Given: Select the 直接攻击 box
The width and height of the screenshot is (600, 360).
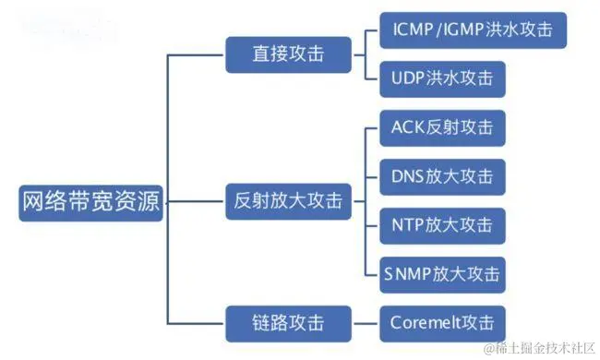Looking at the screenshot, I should click(x=289, y=54).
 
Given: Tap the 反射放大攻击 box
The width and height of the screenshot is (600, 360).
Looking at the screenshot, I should click(x=289, y=199).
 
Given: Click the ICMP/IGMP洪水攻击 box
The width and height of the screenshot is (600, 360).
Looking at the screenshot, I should click(x=472, y=31).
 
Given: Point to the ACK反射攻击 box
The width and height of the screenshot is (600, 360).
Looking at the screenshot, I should click(x=442, y=126).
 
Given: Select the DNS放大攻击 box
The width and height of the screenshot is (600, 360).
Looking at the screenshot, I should click(x=442, y=175).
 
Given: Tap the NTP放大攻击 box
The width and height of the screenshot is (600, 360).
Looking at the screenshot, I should click(x=442, y=224).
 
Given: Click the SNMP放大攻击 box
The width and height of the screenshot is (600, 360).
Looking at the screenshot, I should click(x=442, y=274).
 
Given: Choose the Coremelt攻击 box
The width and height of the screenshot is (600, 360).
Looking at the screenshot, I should click(x=442, y=324).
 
